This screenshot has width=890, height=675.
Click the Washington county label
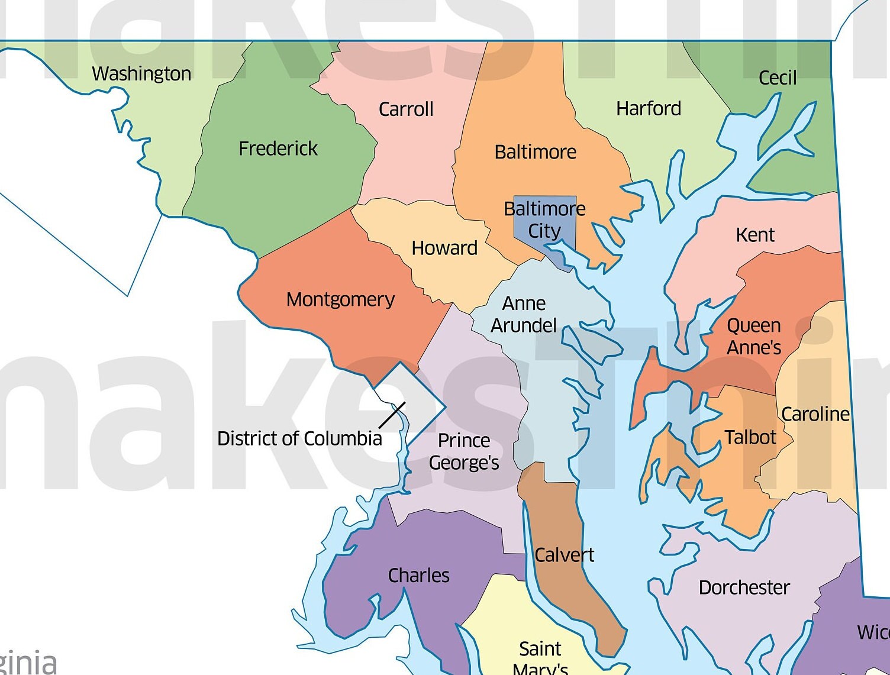[141, 73]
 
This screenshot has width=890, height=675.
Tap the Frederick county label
[278, 148]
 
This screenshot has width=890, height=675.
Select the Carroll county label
[406, 109]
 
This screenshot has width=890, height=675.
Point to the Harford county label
[649, 108]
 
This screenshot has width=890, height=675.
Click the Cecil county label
[778, 77]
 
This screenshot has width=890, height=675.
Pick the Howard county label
[444, 247]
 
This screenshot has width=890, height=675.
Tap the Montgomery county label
[340, 299]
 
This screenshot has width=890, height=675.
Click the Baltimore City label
[544, 219]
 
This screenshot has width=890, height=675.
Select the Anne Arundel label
[524, 314]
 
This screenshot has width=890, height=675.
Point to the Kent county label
[755, 235]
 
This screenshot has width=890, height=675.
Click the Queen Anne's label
[754, 336]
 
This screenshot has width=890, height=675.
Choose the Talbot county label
[750, 437]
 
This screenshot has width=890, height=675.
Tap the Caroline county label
[815, 414]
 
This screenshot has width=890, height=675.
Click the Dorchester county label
[744, 587]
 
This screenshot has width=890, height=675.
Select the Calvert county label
[564, 555]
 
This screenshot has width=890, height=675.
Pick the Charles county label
[418, 575]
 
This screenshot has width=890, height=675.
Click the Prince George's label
[464, 451]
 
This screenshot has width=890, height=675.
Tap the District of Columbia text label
[299, 438]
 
